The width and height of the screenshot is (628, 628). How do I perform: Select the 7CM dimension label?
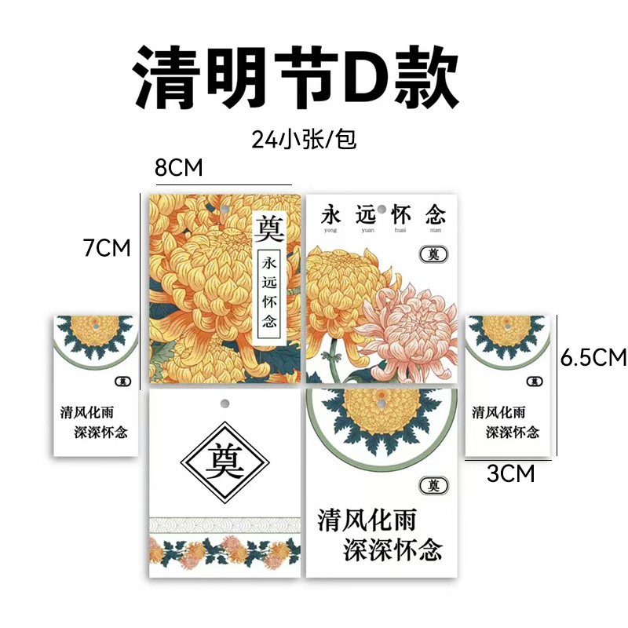[107, 248]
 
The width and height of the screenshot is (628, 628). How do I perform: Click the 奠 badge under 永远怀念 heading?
[431, 254]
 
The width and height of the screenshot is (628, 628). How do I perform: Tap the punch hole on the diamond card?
[225, 403]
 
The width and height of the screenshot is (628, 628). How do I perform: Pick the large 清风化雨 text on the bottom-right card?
[367, 519]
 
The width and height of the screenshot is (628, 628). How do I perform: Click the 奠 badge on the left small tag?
[122, 382]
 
